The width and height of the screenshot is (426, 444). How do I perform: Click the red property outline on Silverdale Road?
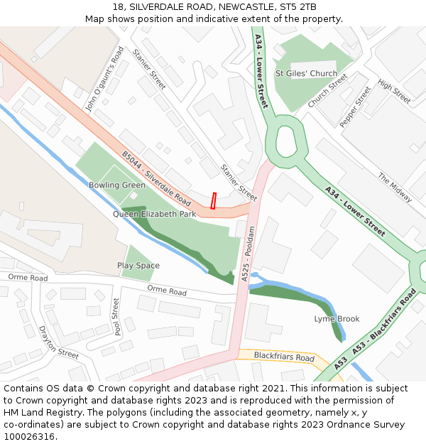pyautogui.click(x=213, y=201)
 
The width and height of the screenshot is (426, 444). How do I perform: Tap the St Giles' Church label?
pyautogui.click(x=306, y=73)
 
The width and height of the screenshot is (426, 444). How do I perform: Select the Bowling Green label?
pyautogui.click(x=117, y=185)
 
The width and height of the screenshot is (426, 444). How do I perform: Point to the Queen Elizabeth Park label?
pyautogui.click(x=154, y=213)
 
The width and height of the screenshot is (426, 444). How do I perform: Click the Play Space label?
pyautogui.click(x=138, y=266)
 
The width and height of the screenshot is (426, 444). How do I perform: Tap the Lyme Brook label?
pyautogui.click(x=337, y=319)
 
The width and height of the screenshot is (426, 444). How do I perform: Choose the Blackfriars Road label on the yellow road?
pyautogui.click(x=283, y=357)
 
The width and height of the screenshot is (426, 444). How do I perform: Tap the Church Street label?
pyautogui.click(x=327, y=91)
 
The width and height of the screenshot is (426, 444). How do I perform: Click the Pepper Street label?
pyautogui.click(x=355, y=107)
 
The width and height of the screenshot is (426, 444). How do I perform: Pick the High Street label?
pyautogui.click(x=394, y=92)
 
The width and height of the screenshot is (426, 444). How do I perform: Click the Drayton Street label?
pyautogui.click(x=58, y=342)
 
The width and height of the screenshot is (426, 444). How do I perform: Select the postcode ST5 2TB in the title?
pyautogui.click(x=299, y=7)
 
